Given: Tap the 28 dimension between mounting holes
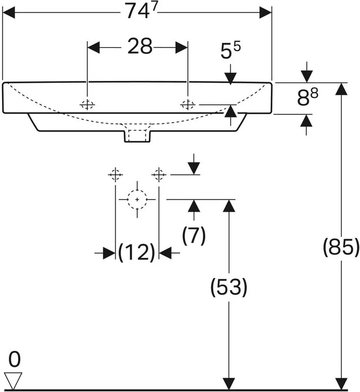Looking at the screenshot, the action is [140, 46].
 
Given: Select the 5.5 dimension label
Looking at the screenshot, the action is [230, 51].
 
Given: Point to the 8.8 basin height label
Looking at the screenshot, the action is [307, 97].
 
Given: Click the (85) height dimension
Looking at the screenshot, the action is [341, 247].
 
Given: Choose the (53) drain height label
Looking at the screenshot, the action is [229, 287].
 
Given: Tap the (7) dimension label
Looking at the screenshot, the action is [194, 236].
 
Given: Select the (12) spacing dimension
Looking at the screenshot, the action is [137, 252].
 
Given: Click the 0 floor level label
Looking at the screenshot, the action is [14, 360].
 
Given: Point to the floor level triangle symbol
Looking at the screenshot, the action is [13, 381].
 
